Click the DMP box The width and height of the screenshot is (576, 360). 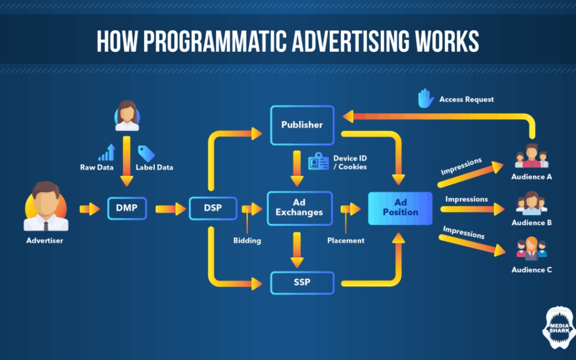(x=128, y=209)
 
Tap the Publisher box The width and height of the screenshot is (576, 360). (x=302, y=124)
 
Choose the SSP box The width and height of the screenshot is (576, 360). (x=302, y=282)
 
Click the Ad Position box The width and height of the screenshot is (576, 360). (x=400, y=208)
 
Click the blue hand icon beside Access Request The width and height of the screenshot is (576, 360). (x=425, y=99)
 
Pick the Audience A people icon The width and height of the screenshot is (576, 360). (x=532, y=156)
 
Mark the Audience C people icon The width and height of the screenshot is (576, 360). (x=532, y=250)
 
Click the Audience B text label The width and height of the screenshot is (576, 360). (x=532, y=223)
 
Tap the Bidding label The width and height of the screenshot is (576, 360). (x=247, y=241)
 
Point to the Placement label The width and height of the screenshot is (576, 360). (x=345, y=241)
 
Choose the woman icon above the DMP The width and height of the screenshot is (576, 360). (x=127, y=116)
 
